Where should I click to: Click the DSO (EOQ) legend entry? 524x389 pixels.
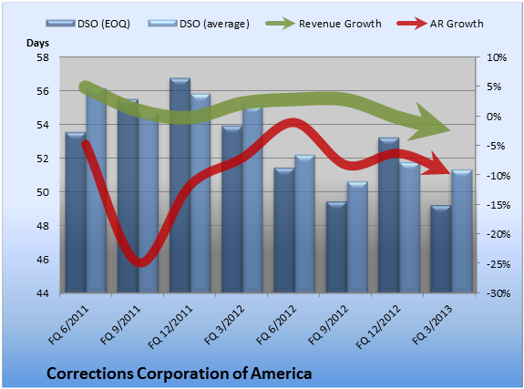tap(88, 24)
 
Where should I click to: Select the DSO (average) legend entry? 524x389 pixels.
tap(199, 24)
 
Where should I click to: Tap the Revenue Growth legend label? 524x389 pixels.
tap(340, 24)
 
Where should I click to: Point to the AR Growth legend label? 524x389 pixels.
tap(457, 24)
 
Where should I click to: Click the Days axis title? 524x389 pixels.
tap(37, 43)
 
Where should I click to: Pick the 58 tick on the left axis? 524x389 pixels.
tap(43, 57)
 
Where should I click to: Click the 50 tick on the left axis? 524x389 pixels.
tap(43, 192)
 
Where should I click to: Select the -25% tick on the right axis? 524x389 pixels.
tap(498, 264)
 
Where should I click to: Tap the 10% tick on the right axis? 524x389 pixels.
tap(497, 57)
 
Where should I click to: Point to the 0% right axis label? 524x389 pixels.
tap(494, 117)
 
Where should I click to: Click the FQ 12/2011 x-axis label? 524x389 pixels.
tap(170, 327)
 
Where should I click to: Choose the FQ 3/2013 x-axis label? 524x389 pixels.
tap(432, 325)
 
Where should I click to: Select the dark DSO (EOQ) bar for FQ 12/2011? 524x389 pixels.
tap(180, 186)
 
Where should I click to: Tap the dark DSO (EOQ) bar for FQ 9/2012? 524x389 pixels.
tap(336, 247)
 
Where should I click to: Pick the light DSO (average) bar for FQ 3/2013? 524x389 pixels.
tap(462, 231)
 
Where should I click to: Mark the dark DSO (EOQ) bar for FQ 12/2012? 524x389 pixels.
tap(388, 215)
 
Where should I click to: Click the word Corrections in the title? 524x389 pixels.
tap(90, 374)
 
